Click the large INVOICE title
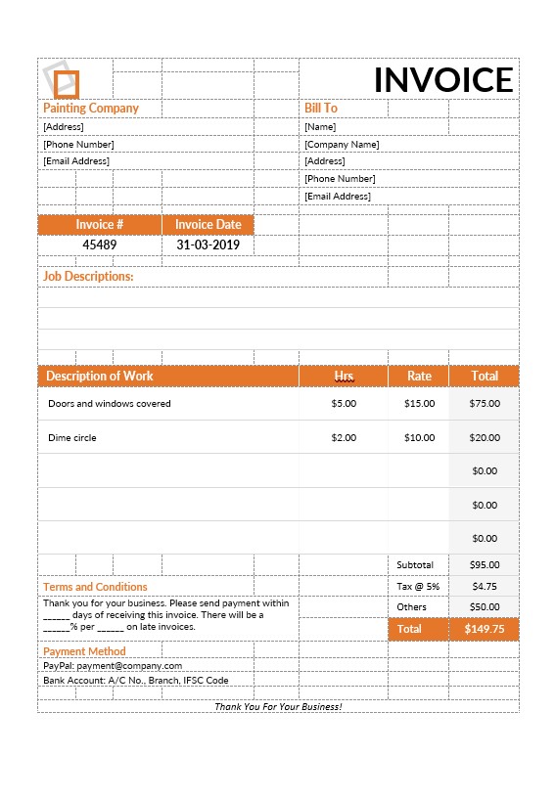click(443, 80)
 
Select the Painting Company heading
click(91, 109)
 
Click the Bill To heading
click(321, 109)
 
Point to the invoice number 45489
click(99, 245)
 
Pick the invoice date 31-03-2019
click(208, 245)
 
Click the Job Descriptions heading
click(88, 277)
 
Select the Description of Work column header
click(100, 376)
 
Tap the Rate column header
click(419, 376)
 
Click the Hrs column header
click(344, 376)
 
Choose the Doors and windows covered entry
click(110, 404)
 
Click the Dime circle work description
click(72, 438)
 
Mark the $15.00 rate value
click(419, 404)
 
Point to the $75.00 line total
click(485, 404)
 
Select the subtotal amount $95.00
click(485, 565)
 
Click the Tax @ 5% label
click(418, 587)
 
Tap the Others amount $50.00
click(485, 607)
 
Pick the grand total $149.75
click(485, 630)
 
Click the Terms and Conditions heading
click(95, 587)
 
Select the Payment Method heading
click(84, 651)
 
